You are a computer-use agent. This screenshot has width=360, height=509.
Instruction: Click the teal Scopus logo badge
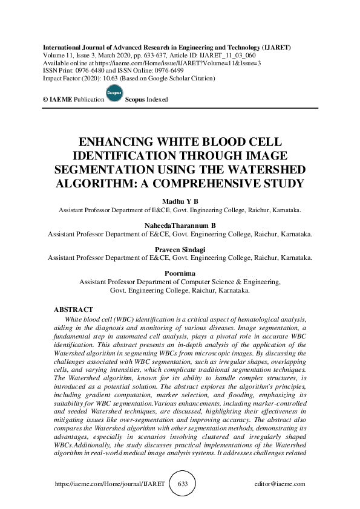coord(114,93)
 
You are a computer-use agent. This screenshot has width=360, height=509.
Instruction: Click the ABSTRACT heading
coord(73,310)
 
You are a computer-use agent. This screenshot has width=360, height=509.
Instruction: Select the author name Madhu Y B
coord(180,202)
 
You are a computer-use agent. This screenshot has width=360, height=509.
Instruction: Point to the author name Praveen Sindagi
coord(180,249)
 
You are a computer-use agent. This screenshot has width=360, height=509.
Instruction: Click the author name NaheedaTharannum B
coord(180,225)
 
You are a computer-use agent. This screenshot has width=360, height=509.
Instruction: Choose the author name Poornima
coord(180,273)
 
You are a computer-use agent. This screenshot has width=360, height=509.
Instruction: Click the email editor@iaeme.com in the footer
coord(280,484)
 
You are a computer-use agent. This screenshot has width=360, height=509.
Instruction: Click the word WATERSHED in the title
coord(267,169)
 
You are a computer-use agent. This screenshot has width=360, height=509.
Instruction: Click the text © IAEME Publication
coord(70,99)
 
